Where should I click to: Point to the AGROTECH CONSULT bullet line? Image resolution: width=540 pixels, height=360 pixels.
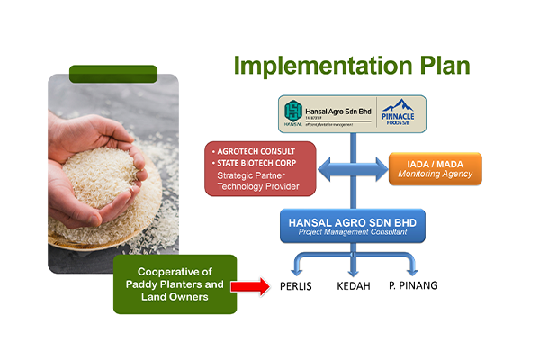[254, 149]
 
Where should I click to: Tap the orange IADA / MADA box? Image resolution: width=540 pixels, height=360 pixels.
[435, 169]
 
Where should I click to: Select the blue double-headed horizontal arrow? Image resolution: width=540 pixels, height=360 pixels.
[352, 168]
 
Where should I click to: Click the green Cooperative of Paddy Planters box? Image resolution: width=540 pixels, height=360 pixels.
[175, 284]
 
